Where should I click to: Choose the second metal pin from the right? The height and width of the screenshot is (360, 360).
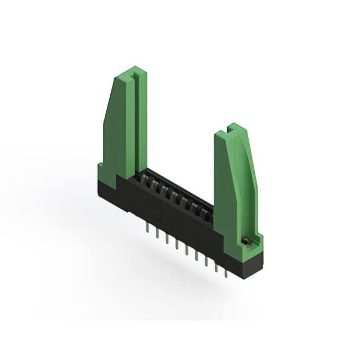click(x=216, y=268)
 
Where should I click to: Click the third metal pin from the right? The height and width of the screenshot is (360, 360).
click(x=206, y=262)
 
